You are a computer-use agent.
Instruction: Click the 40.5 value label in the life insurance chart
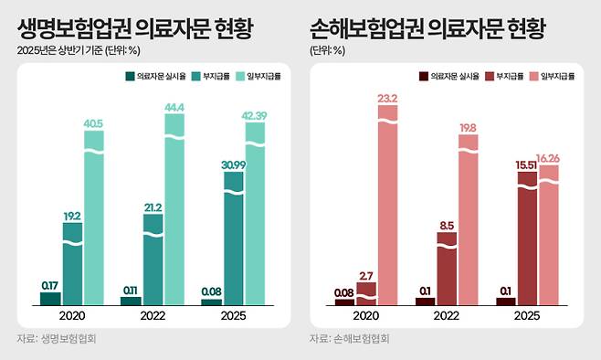[x=95, y=122]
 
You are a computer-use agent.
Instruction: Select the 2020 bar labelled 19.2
[x=72, y=265]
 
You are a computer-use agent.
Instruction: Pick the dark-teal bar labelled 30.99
[x=233, y=238]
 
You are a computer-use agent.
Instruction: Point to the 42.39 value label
[x=255, y=114]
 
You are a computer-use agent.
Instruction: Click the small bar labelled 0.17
[x=50, y=298]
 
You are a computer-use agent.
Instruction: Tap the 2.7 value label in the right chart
[x=366, y=274]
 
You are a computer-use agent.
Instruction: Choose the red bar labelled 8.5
[x=447, y=270]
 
